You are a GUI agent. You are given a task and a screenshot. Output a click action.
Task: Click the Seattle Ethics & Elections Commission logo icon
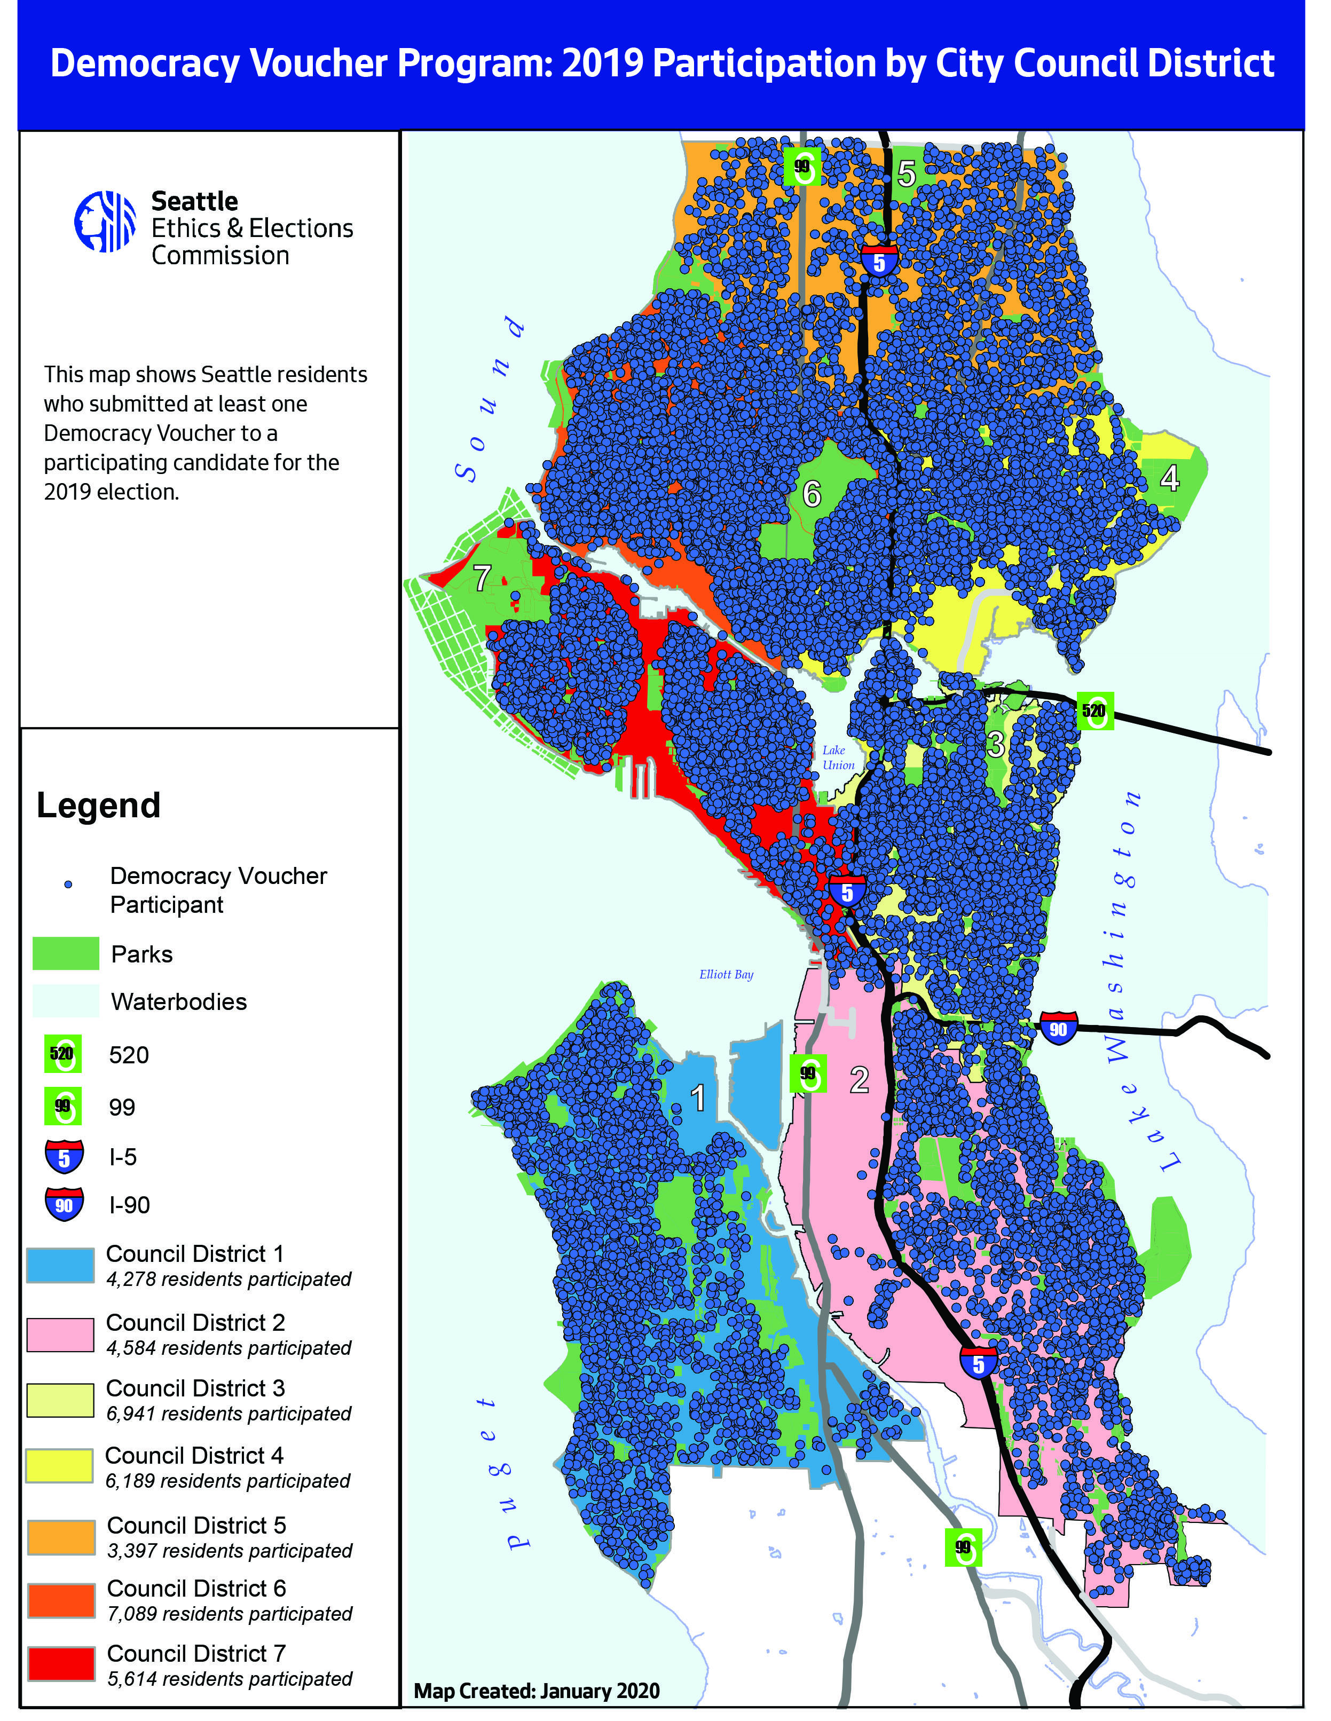tap(105, 222)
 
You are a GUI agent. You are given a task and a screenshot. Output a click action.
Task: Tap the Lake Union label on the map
tap(838, 757)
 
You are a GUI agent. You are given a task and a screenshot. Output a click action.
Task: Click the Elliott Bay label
tap(726, 975)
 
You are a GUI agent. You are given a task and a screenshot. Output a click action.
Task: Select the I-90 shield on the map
tap(1058, 1028)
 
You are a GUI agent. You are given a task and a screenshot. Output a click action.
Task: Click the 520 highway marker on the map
tap(1094, 711)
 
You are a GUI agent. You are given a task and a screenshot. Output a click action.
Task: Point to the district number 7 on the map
tap(482, 579)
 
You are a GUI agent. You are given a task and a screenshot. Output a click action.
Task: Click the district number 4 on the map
tap(1169, 478)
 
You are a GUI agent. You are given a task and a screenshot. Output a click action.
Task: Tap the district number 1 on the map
tap(697, 1098)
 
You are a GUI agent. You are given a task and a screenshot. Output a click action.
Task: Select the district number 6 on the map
tap(812, 494)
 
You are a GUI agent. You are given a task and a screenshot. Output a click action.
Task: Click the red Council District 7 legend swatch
tap(61, 1663)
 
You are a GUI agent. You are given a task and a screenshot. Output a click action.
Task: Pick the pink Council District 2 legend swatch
tap(61, 1334)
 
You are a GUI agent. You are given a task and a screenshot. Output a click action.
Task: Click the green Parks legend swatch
tap(66, 953)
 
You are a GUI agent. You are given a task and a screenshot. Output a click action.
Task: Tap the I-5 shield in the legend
tap(64, 1157)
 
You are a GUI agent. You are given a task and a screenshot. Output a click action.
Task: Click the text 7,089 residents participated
tap(230, 1614)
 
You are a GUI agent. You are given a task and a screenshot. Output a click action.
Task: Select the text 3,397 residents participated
tap(230, 1551)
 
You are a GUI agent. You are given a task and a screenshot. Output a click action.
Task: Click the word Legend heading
tap(99, 806)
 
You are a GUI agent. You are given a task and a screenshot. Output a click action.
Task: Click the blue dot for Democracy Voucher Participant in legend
tap(68, 884)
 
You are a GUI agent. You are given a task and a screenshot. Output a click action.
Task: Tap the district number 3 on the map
tap(996, 744)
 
